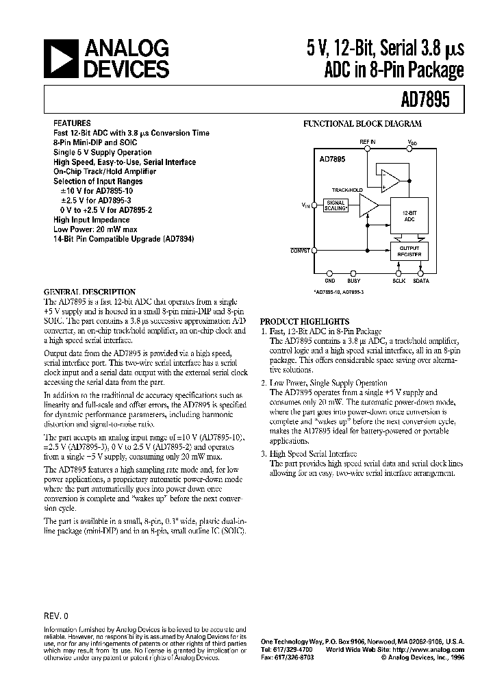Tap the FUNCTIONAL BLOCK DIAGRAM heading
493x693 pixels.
point(363,124)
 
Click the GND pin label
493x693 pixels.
point(330,280)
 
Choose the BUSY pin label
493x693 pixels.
point(353,280)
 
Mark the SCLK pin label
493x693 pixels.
point(399,280)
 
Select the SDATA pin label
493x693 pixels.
point(422,280)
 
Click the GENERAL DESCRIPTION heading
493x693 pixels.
point(90,292)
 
